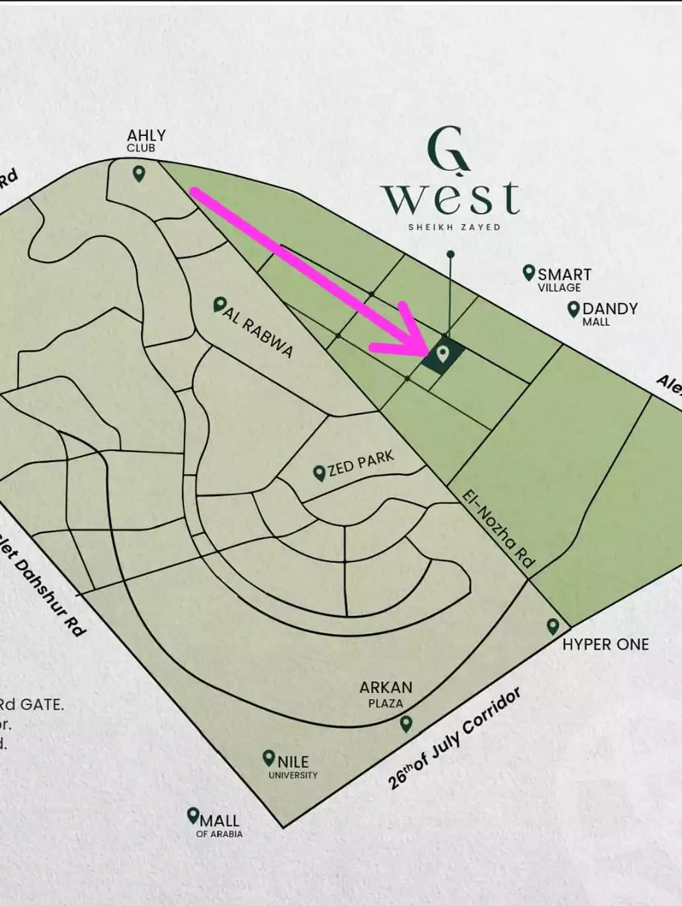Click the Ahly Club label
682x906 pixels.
click(x=146, y=140)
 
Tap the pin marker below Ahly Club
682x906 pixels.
click(x=138, y=174)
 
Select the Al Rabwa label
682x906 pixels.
click(x=258, y=331)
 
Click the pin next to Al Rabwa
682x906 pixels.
click(x=220, y=304)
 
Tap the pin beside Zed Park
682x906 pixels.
click(x=319, y=473)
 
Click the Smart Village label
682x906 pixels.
click(x=564, y=279)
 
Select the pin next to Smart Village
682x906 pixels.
click(x=529, y=273)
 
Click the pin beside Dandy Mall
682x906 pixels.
click(x=573, y=308)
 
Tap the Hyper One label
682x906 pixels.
click(x=605, y=644)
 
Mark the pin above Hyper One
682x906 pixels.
click(x=552, y=626)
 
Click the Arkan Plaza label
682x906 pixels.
click(x=386, y=693)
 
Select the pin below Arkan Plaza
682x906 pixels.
click(x=406, y=724)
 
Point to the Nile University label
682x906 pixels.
click(x=293, y=766)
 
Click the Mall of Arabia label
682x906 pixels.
click(x=220, y=825)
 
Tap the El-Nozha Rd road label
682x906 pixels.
click(x=498, y=528)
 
